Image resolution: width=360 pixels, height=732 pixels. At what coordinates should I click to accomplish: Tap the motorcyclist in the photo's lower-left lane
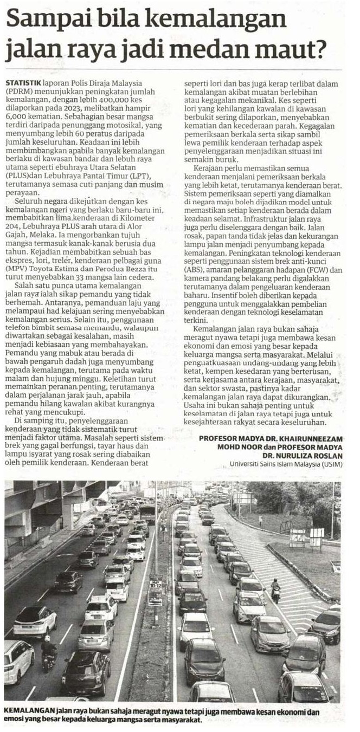tap(49, 650)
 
